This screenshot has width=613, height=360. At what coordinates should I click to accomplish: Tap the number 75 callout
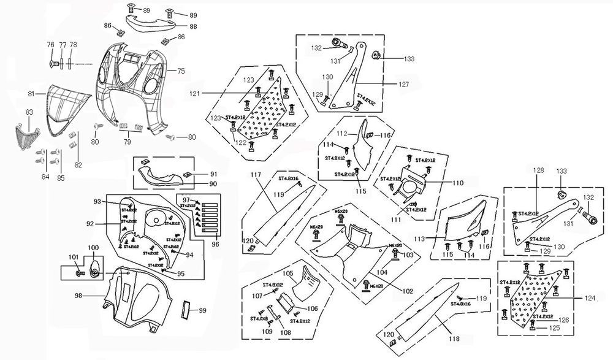pyautogui.click(x=181, y=71)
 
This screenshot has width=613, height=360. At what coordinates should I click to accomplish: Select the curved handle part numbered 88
pyautogui.click(x=150, y=23)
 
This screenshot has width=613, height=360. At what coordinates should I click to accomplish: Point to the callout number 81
pyautogui.click(x=31, y=94)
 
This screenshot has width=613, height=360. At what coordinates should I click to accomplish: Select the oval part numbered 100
pyautogui.click(x=95, y=269)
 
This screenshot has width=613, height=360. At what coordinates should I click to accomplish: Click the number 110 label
pyautogui.click(x=457, y=183)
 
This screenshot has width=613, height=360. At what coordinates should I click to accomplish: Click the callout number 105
pyautogui.click(x=287, y=272)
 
